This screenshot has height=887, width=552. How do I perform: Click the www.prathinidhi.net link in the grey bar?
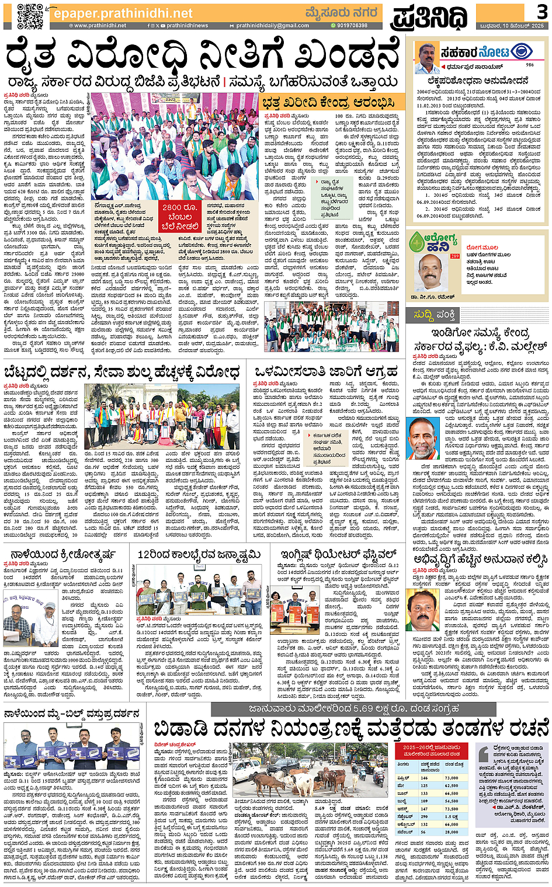pyautogui.click(x=100, y=26)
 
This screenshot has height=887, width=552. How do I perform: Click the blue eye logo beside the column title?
pyautogui.click(x=521, y=52)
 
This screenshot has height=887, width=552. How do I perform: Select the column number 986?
pyautogui.click(x=530, y=65)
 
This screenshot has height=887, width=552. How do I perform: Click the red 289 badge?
pyautogui.click(x=455, y=256)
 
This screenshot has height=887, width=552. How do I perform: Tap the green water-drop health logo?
pyautogui.click(x=417, y=242)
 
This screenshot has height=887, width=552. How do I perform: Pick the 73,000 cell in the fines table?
pyautogui.click(x=452, y=778)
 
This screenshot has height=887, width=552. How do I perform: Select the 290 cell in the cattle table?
pyautogui.click(x=425, y=816)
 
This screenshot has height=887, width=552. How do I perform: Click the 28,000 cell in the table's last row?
pyautogui.click(x=452, y=832)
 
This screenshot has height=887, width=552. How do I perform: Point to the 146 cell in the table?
pyautogui.click(x=424, y=778)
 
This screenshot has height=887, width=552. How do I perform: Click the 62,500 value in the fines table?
pyautogui.click(x=452, y=785)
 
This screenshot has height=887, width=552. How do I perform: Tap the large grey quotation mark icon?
pyautogui.click(x=484, y=753)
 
